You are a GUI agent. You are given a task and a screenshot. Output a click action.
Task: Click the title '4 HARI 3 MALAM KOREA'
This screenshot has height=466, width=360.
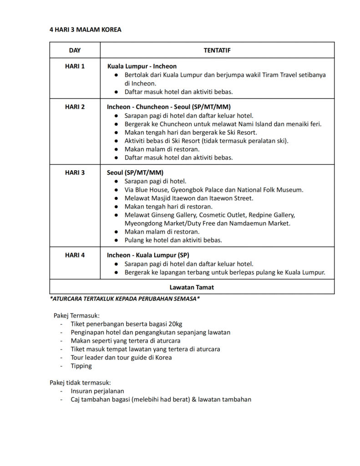click(85, 30)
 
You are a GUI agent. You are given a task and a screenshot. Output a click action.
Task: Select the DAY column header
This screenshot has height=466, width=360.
click(75, 50)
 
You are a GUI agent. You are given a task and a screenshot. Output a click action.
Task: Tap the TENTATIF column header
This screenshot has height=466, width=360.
click(217, 50)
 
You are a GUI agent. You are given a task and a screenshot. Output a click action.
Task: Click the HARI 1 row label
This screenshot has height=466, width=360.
click(75, 66)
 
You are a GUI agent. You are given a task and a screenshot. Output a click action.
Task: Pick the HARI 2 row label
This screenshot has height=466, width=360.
click(75, 107)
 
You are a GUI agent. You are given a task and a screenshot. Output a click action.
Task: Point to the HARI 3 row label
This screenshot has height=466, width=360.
click(75, 173)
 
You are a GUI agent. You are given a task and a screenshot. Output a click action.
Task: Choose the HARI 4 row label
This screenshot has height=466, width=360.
click(75, 255)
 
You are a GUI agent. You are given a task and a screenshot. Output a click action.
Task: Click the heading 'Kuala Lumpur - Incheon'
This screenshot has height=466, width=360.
click(142, 66)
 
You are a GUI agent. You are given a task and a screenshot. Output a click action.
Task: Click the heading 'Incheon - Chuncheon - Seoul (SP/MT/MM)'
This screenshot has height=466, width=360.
click(169, 107)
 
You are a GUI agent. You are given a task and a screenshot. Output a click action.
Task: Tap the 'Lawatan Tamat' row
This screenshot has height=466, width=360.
click(192, 288)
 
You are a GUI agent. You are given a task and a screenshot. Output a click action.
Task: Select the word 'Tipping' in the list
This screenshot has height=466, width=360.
click(81, 366)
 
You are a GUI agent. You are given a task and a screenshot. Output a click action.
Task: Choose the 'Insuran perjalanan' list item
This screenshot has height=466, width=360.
click(97, 391)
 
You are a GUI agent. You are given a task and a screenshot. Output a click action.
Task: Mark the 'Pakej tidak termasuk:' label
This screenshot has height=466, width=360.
click(81, 383)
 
